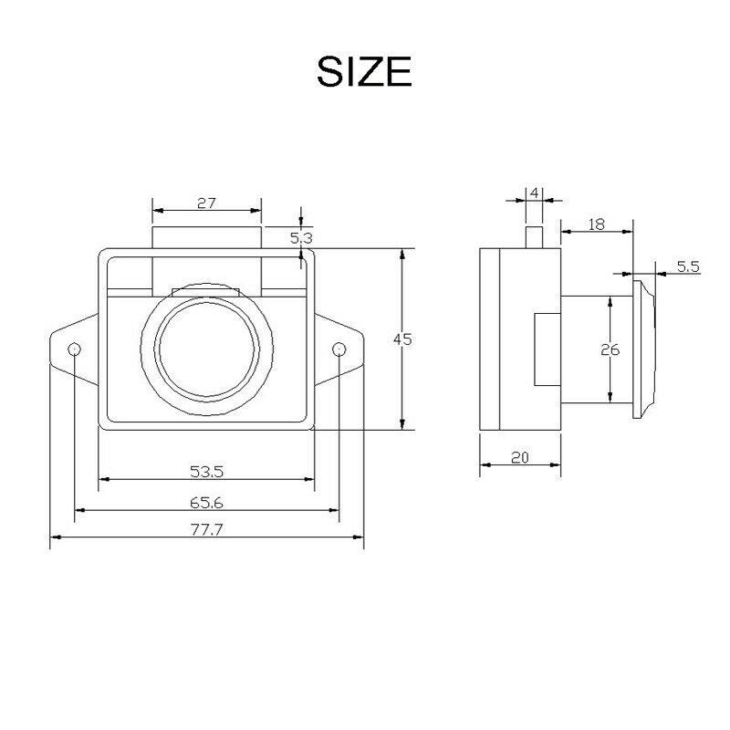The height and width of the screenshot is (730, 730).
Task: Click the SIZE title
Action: click(x=364, y=71)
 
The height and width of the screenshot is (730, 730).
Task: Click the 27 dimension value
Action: click(x=207, y=203)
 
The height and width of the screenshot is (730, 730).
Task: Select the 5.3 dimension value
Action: click(x=301, y=238)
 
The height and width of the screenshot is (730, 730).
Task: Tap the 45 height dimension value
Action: click(x=402, y=339)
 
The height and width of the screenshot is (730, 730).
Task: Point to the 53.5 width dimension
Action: click(x=207, y=472)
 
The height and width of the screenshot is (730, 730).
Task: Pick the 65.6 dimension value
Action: click(x=207, y=503)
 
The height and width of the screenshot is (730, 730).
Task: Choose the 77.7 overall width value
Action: click(x=207, y=530)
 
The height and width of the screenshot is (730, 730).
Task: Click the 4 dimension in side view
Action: click(x=535, y=193)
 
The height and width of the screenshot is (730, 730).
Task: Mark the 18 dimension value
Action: click(x=597, y=224)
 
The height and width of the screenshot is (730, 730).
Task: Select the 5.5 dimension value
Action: click(x=689, y=266)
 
